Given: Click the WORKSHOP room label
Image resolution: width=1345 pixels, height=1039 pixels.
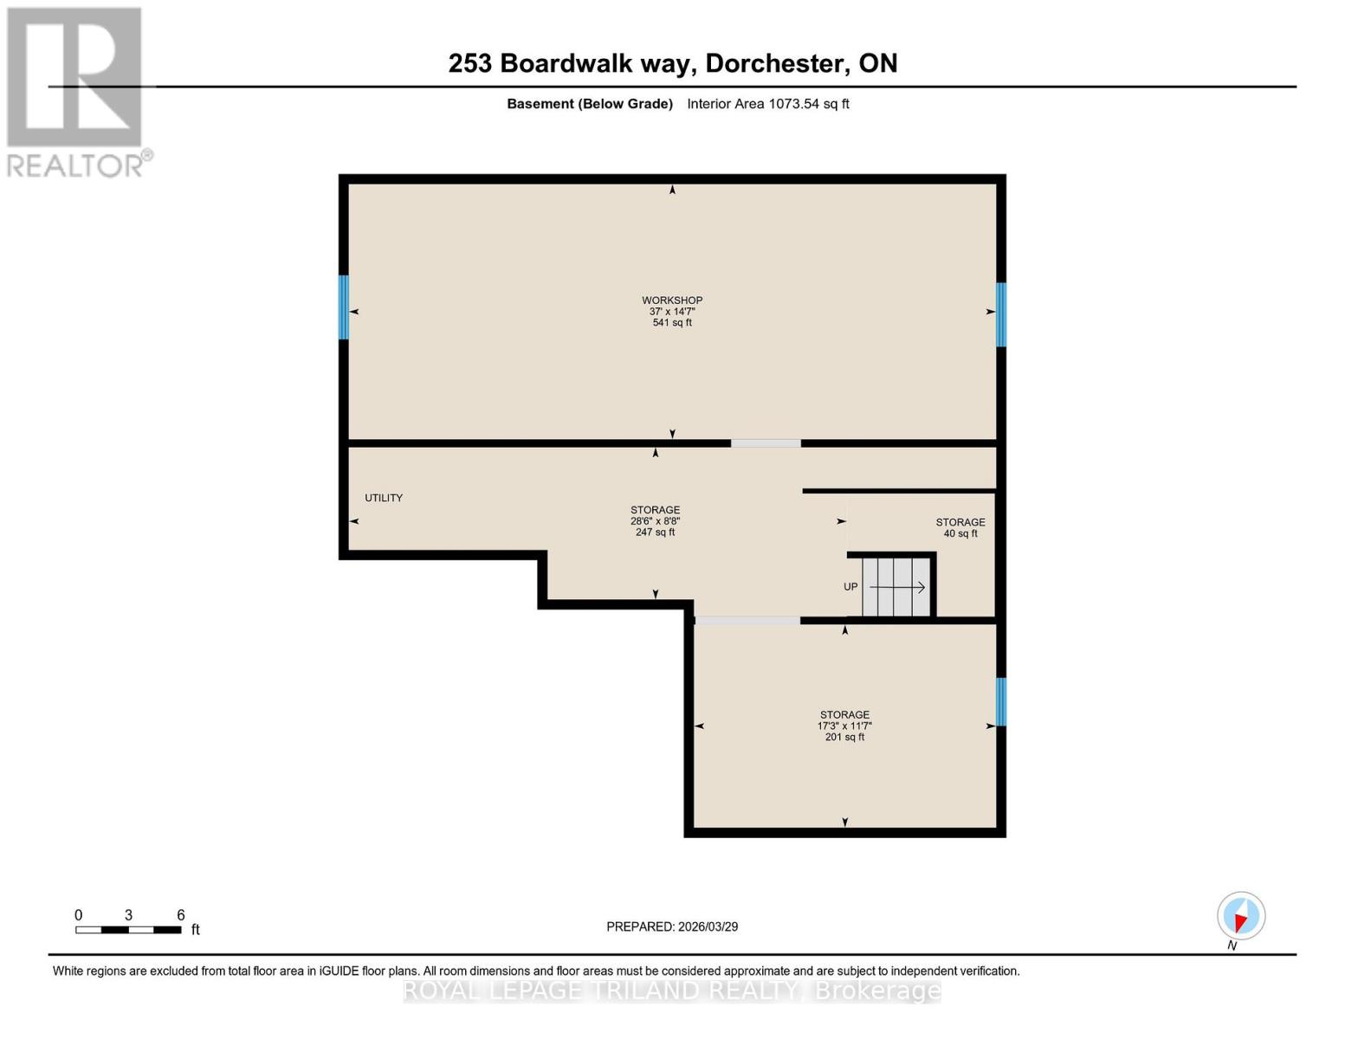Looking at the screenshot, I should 672,300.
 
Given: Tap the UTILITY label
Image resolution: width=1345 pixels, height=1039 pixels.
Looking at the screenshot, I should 384,498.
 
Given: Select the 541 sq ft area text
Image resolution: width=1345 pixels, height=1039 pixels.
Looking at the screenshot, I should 672,323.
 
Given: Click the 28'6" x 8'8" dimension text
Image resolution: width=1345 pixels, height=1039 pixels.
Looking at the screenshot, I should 655,521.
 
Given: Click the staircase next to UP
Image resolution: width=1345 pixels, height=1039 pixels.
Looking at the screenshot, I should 897,587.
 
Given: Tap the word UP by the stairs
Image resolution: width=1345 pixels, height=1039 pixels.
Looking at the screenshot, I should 850,587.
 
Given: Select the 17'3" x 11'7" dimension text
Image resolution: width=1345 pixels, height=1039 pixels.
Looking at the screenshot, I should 844,726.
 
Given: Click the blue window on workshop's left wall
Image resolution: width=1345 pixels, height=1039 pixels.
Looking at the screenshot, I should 344,307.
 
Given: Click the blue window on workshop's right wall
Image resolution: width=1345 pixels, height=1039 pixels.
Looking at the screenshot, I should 1001,314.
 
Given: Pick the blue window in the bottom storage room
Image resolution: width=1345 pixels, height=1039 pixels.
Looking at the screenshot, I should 1001,701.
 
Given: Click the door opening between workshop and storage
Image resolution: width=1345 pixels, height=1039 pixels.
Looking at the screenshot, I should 766,443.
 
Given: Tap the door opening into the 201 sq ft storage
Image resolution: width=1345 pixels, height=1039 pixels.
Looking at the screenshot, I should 747,620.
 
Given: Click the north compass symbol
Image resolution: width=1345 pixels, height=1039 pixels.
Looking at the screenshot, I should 1241,916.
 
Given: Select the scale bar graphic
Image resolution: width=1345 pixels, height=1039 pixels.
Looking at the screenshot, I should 128,930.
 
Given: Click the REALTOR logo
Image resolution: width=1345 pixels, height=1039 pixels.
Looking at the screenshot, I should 75,91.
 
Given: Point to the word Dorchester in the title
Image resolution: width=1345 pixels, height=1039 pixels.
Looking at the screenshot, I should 776,63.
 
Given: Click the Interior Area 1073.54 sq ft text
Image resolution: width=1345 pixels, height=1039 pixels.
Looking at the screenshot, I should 767,104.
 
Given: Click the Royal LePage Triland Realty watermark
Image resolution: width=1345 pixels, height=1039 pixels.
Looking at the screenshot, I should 672,991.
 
